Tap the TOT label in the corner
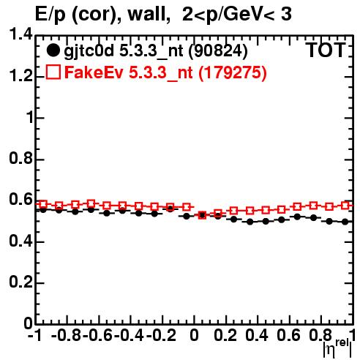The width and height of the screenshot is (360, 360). pyautogui.click(x=326, y=50)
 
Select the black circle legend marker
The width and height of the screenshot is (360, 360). pyautogui.click(x=53, y=50)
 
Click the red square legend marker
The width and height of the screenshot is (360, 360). pyautogui.click(x=53, y=72)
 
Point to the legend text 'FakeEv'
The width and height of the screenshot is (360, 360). pyautogui.click(x=94, y=72)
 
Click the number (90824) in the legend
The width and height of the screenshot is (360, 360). pyautogui.click(x=218, y=51)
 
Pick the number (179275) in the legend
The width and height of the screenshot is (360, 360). pyautogui.click(x=233, y=72)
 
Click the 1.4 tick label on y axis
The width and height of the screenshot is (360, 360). pyautogui.click(x=20, y=34)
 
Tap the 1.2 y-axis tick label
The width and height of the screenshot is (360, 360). pyautogui.click(x=20, y=76)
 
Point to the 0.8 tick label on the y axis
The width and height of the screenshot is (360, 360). pyautogui.click(x=20, y=158)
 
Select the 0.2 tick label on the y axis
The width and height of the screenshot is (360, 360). pyautogui.click(x=20, y=282)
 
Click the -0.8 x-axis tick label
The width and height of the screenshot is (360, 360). pyautogui.click(x=67, y=335)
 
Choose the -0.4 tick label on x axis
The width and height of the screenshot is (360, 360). pyautogui.click(x=130, y=335)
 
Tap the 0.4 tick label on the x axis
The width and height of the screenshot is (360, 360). pyautogui.click(x=257, y=335)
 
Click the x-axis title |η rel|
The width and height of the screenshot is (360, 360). pyautogui.click(x=337, y=348)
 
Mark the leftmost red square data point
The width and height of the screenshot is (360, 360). pyautogui.click(x=43, y=204)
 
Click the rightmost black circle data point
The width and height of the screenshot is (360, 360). pyautogui.click(x=345, y=222)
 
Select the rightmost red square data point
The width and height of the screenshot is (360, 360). pyautogui.click(x=345, y=206)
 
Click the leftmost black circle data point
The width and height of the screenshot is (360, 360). pyautogui.click(x=43, y=210)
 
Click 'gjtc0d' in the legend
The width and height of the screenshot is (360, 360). pyautogui.click(x=89, y=52)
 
